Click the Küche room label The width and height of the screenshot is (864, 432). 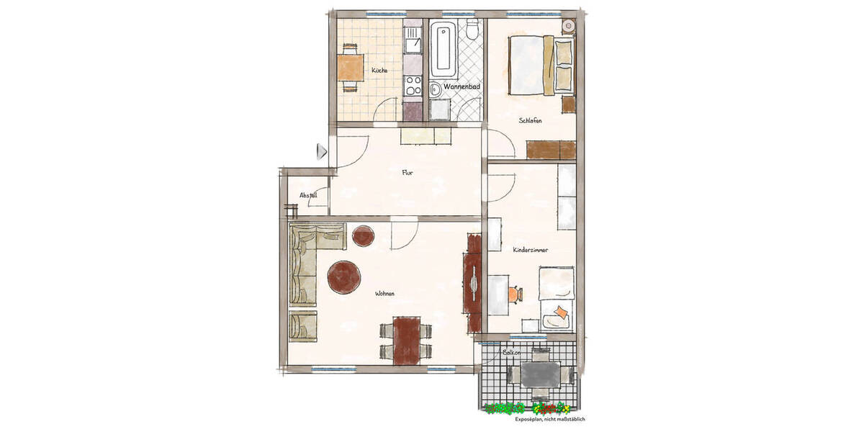pos(379,71)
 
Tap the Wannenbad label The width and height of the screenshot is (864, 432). pos(462,86)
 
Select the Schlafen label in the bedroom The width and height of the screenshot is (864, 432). pos(530,121)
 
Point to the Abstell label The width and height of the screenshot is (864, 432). pos(308,195)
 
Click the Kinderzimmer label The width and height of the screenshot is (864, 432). pos(531,250)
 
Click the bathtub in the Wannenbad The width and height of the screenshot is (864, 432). pos(443,50)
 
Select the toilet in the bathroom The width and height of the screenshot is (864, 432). pos(472,30)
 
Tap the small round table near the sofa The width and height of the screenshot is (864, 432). pos(363,236)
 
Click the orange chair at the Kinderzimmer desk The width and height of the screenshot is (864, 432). pos(514,294)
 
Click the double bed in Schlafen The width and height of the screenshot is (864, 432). pos(541,64)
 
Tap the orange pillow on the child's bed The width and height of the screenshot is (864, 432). pos(559,312)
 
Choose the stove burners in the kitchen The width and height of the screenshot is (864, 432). pos(413,84)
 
